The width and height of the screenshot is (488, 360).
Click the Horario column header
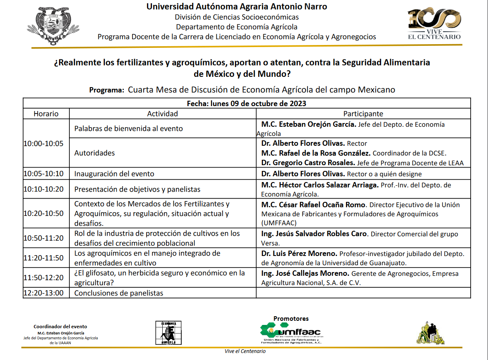coord(46,114)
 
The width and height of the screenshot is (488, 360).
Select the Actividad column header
coord(162,114)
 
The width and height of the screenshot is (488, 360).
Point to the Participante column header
coord(363,114)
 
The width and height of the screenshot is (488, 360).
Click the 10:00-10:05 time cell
coord(44,144)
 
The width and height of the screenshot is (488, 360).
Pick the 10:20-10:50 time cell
coord(44,213)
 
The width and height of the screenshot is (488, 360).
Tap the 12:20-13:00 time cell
coord(44,293)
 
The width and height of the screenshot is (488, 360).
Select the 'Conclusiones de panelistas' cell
coord(118,293)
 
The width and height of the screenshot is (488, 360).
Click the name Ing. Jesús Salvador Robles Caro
coord(314,234)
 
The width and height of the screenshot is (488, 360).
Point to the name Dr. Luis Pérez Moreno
coord(299,253)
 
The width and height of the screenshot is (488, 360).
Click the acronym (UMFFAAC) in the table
coord(279,223)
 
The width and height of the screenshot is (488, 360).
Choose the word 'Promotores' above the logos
coord(291,319)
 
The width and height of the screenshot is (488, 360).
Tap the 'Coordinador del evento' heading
coord(60,327)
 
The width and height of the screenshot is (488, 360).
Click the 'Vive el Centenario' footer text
coord(245,351)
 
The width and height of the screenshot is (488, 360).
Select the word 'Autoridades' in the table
coord(95,153)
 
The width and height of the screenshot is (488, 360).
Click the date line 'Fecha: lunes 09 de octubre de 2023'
coord(246,103)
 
